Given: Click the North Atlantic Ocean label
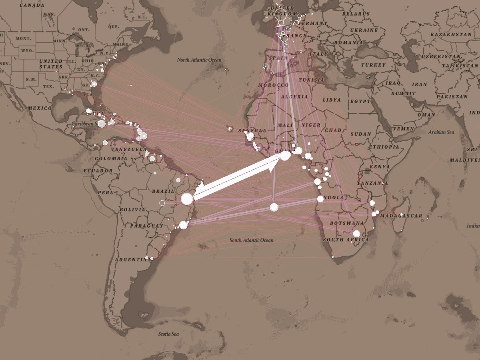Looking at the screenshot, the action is [x=199, y=60].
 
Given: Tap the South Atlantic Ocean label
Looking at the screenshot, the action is [x=251, y=240].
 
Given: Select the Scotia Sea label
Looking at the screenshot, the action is [x=168, y=334].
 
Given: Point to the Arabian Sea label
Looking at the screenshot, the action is [x=441, y=132].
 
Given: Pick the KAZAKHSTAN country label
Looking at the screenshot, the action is [x=451, y=34].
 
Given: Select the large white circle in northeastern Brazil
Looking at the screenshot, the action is [x=187, y=199].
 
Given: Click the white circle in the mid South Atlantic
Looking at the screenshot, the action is [x=274, y=207].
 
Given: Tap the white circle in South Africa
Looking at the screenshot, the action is [x=356, y=234].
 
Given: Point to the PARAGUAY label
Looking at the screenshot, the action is [x=146, y=226].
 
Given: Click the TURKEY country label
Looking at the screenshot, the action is [x=373, y=65].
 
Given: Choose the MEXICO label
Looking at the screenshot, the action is [x=40, y=108].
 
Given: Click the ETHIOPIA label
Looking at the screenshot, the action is [x=384, y=147].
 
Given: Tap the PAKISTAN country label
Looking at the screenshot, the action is [x=452, y=97].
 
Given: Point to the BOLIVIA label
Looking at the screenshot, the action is [x=132, y=210].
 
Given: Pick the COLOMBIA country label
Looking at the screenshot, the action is [x=111, y=158].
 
